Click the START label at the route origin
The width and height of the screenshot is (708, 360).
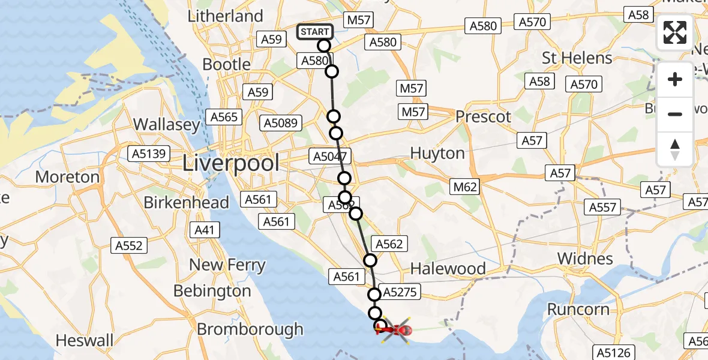315,32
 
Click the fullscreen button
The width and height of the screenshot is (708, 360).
675,32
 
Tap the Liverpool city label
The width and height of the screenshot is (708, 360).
231,163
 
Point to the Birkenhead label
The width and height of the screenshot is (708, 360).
187,202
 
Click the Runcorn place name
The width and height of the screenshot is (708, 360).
578,310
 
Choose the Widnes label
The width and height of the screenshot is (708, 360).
585,259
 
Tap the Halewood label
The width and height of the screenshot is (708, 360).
448,268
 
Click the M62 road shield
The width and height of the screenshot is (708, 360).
465,187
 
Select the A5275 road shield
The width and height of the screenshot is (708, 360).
400,292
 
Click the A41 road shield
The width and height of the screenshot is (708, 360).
205,230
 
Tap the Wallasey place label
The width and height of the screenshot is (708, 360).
167,125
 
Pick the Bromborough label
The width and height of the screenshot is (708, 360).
250,329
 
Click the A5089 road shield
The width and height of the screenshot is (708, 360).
281,124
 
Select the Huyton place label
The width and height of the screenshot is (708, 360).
437,153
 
